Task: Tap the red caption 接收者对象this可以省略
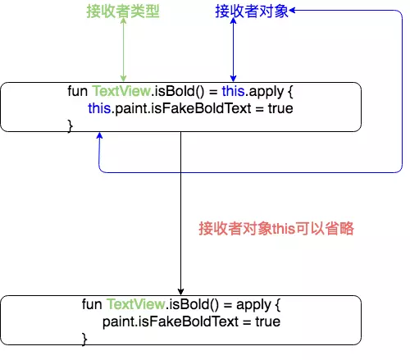coord(276,229)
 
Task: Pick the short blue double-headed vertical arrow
coord(234,51)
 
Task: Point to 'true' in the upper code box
coord(279,107)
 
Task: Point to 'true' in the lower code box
coord(267,321)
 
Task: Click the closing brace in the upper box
coord(70,124)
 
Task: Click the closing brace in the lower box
coord(84,338)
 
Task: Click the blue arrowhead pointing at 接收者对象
coord(293,10)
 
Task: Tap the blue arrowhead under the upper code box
coord(99,137)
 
